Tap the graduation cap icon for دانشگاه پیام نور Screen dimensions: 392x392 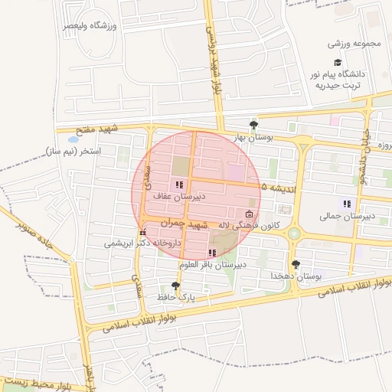[337, 63]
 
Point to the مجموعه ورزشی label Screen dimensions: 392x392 [354, 43]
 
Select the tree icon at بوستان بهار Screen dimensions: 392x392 [253, 125]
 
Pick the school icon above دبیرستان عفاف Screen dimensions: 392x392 [179, 185]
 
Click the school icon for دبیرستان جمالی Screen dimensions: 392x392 [347, 204]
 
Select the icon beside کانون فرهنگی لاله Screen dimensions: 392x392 [248, 214]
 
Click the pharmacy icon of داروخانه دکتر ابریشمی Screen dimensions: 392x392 [142, 232]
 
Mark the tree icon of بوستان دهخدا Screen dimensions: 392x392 [296, 263]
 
